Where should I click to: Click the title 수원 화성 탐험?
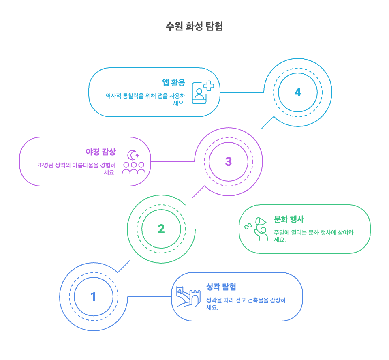coord(194,26)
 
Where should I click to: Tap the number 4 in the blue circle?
coord(298,92)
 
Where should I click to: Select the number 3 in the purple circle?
coord(229,161)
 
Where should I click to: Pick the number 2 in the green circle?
coord(161,229)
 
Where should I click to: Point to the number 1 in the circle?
coord(93,297)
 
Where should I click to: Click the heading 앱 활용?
coord(173,83)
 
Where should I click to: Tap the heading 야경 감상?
coord(100,152)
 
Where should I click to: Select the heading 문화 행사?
coord(289,219)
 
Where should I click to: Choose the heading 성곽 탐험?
coord(221,287)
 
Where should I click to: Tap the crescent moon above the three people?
coord(132,155)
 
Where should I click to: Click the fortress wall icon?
coord(188,297)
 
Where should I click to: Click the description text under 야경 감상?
coord(77,168)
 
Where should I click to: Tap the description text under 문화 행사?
coord(313,236)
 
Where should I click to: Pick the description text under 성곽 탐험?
coord(246,304)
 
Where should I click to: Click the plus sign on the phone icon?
coord(209,86)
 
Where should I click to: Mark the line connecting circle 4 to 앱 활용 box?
coord(242,92)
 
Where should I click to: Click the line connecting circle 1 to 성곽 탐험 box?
coord(149,297)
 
